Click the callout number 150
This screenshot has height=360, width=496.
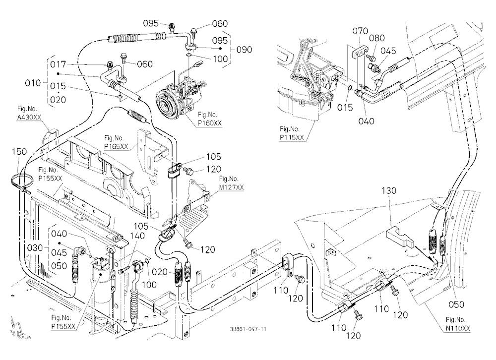pyautogui.click(x=19, y=152)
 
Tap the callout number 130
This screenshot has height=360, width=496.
pyautogui.click(x=389, y=191)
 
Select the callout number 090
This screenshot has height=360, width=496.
pyautogui.click(x=245, y=50)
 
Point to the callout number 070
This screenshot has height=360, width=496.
pyautogui.click(x=360, y=31)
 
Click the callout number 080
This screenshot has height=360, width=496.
pyautogui.click(x=377, y=38)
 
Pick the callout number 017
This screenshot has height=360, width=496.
pyautogui.click(x=58, y=64)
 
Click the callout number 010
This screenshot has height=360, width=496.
pyautogui.click(x=33, y=83)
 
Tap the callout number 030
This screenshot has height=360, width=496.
pyautogui.click(x=35, y=248)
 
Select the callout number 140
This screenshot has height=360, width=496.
pyautogui.click(x=137, y=236)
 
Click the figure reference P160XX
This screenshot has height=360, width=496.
pyautogui.click(x=210, y=123)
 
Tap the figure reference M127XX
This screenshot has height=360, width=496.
pyautogui.click(x=232, y=187)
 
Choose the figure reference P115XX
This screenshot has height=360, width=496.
pyautogui.click(x=292, y=137)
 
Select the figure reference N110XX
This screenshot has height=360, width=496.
pyautogui.click(x=458, y=328)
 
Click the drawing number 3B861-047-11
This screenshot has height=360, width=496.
pyautogui.click(x=248, y=329)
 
